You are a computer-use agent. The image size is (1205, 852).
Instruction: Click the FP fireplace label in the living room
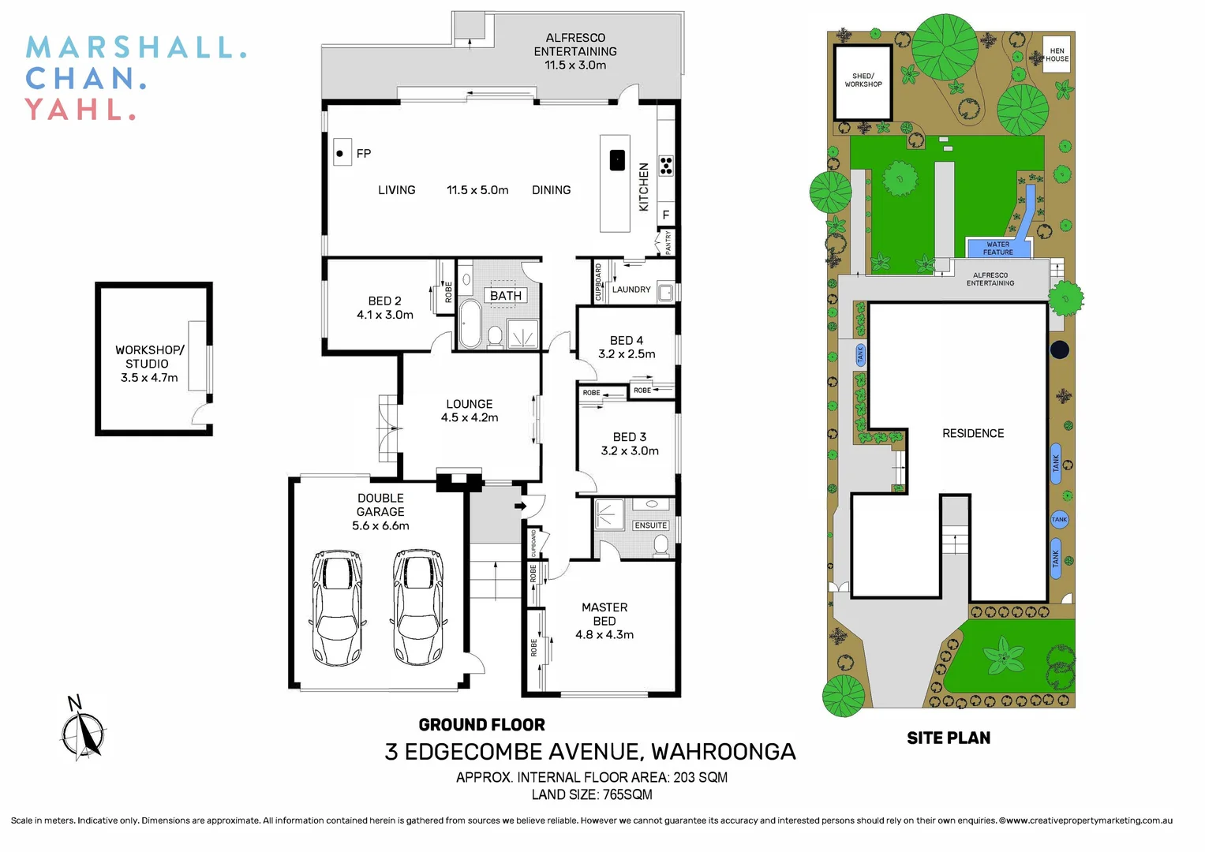pyautogui.click(x=363, y=154)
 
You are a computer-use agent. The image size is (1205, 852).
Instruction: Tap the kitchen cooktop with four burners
pyautogui.click(x=666, y=166)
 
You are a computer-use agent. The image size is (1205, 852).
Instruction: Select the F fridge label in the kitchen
pyautogui.click(x=666, y=215)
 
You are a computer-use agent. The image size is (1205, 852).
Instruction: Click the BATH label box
pyautogui.click(x=506, y=296)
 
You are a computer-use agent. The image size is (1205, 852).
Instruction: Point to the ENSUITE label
pyautogui.click(x=651, y=525)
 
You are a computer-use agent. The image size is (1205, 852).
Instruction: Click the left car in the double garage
pyautogui.click(x=338, y=608)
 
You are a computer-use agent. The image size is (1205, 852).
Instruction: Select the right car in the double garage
pyautogui.click(x=418, y=608)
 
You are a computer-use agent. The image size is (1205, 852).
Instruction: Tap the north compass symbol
pyautogui.click(x=82, y=731)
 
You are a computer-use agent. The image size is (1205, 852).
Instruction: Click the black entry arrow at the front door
pyautogui.click(x=520, y=506)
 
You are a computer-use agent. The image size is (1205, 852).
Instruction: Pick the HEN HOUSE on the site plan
pyautogui.click(x=1057, y=55)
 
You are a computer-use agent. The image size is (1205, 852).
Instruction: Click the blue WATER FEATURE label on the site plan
pyautogui.click(x=997, y=248)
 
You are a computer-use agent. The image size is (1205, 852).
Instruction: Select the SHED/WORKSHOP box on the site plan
pyautogui.click(x=863, y=81)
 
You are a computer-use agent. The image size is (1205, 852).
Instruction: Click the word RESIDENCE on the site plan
pyautogui.click(x=973, y=434)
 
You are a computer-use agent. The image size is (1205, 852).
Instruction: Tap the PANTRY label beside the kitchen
pyautogui.click(x=668, y=241)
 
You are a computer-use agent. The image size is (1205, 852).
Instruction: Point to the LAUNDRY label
pyautogui.click(x=631, y=290)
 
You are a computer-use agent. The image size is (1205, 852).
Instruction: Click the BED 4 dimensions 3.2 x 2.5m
pyautogui.click(x=627, y=354)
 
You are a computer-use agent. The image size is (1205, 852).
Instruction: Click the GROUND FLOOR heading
pyautogui.click(x=481, y=725)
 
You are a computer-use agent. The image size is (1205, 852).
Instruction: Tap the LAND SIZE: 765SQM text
pyautogui.click(x=592, y=794)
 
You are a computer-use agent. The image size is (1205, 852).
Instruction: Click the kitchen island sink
pyautogui.click(x=617, y=160)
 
